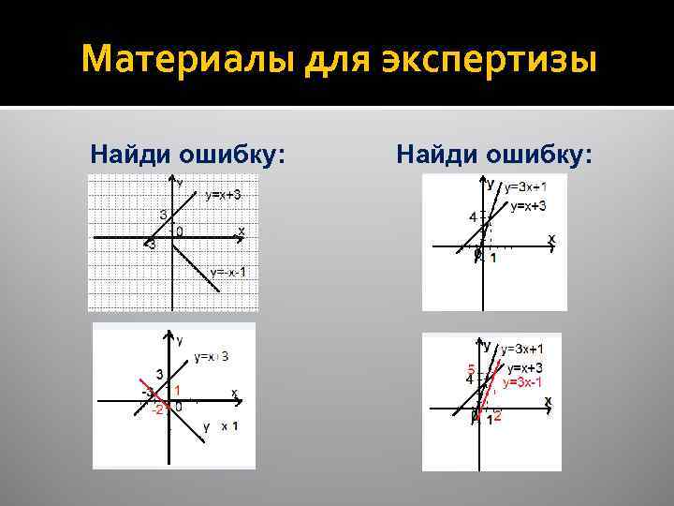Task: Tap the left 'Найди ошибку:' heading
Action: [x=187, y=152]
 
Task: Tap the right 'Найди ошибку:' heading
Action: [x=494, y=152]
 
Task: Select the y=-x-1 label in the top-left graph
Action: [x=228, y=272]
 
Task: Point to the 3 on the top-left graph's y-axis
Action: [x=163, y=216]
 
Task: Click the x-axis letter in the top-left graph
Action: [x=242, y=230]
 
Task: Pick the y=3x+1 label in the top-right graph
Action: [x=526, y=187]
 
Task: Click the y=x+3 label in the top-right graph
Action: [x=528, y=205]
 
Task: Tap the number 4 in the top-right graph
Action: [x=473, y=217]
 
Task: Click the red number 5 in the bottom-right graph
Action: [x=471, y=366]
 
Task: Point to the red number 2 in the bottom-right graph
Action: [x=498, y=415]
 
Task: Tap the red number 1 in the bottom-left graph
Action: [x=177, y=389]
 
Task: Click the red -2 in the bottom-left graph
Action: [x=159, y=409]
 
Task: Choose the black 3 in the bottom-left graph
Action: [x=160, y=374]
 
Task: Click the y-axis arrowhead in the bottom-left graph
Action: [x=169, y=333]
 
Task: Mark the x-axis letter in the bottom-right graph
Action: [x=549, y=400]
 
